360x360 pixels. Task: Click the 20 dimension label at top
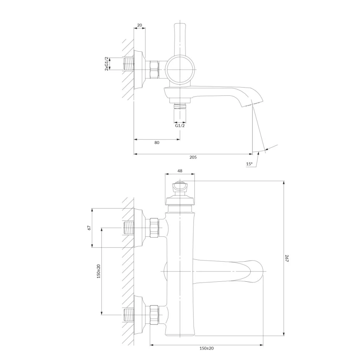pos(140,25)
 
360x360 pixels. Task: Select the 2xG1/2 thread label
pos(107,63)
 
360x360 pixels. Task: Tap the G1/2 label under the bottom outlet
pos(180,125)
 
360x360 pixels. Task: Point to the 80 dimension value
pos(157,143)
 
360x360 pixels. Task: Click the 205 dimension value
pos(193,157)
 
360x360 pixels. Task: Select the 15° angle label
pos(249,164)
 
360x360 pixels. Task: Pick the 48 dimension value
pos(180,171)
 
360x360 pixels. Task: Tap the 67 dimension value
pos(89,228)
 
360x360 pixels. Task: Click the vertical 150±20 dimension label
pos(98,271)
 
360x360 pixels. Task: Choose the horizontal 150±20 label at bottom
pos(207,348)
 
